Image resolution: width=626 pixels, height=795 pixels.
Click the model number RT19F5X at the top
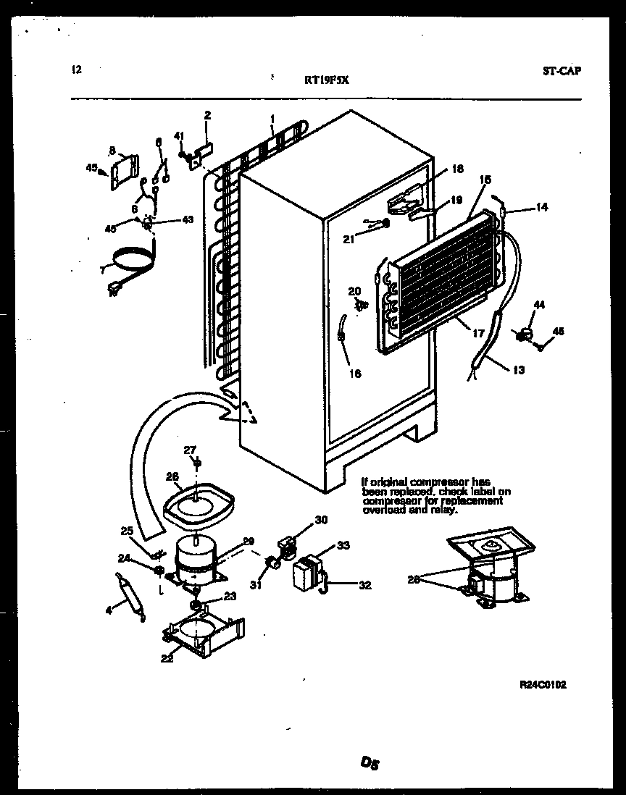pyautogui.click(x=327, y=81)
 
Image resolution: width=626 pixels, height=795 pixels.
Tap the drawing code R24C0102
pyautogui.click(x=543, y=684)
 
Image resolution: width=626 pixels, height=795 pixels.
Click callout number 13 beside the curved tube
pyautogui.click(x=519, y=370)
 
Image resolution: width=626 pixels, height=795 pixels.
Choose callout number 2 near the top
pyautogui.click(x=207, y=114)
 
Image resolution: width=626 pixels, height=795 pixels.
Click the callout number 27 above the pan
pyautogui.click(x=190, y=450)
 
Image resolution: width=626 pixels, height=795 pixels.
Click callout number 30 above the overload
pyautogui.click(x=321, y=520)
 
